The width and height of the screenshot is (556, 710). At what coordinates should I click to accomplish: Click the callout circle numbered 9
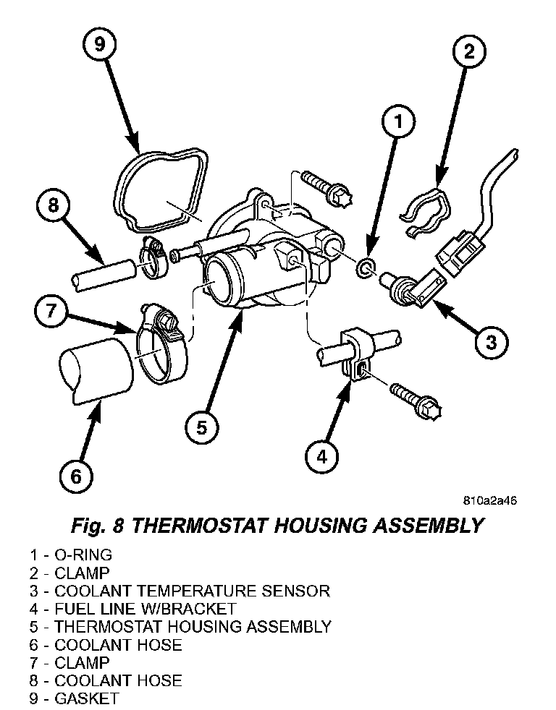(100, 45)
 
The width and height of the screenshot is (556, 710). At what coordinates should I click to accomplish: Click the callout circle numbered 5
(201, 427)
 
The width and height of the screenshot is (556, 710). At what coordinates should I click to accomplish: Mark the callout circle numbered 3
(492, 341)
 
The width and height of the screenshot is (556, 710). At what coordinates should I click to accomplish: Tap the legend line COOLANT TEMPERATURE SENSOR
(180, 591)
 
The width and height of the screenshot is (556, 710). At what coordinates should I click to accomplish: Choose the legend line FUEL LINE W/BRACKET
(133, 609)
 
